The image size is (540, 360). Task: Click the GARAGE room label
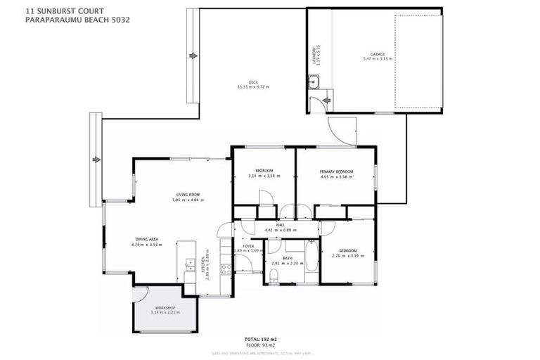(x=375, y=53)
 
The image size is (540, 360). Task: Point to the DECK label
(x=254, y=83)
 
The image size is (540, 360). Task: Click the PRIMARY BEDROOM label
(x=335, y=172)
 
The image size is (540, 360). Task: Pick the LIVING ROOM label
(x=188, y=195)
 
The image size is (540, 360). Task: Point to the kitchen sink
(x=188, y=266)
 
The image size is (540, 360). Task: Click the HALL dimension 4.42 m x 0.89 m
(x=279, y=231)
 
